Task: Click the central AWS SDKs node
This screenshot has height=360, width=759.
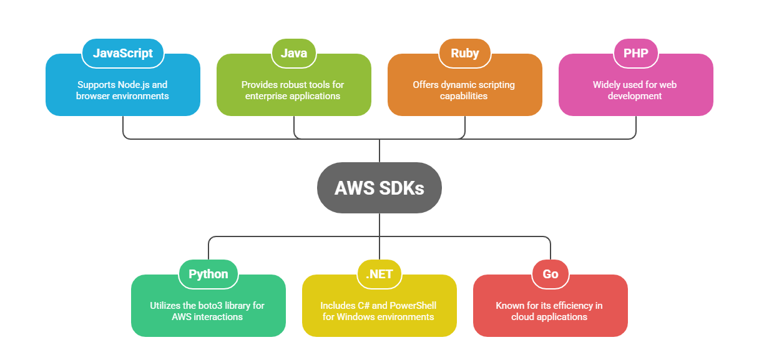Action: [x=379, y=188]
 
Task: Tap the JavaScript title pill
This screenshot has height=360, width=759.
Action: [x=123, y=53]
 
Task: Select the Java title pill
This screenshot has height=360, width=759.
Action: [x=293, y=53]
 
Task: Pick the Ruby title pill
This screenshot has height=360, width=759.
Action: [x=465, y=53]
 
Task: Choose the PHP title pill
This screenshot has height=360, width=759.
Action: [x=635, y=53]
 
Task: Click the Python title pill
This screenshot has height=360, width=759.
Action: [x=208, y=274]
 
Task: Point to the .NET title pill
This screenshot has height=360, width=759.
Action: [x=379, y=274]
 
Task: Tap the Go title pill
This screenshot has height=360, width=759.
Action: [x=551, y=274]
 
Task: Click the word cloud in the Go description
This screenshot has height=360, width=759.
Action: [x=524, y=317]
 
